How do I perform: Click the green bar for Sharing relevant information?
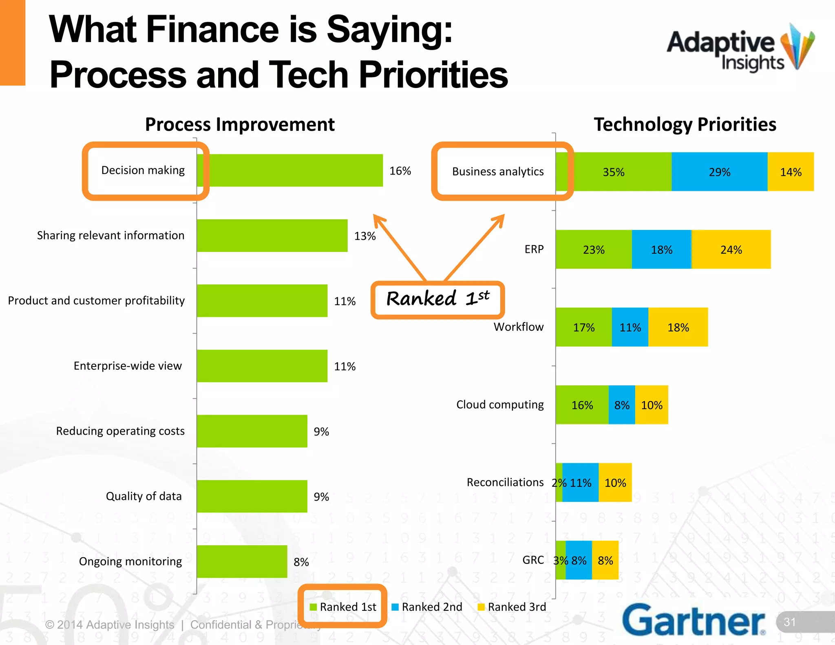[x=272, y=236]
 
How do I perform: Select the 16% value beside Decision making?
[x=400, y=171]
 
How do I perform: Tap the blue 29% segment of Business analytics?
[x=719, y=172]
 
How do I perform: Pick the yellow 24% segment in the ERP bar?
[x=731, y=250]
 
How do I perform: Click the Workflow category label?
[x=518, y=327]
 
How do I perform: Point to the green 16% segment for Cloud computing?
[x=582, y=405]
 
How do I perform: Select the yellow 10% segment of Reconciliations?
[x=615, y=483]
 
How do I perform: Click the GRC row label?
[x=533, y=560]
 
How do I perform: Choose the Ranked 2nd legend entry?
[x=427, y=607]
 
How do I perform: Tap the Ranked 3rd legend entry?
[x=512, y=607]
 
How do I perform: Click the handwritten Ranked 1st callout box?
[x=437, y=300]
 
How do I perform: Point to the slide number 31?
[x=789, y=622]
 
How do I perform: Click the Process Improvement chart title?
[x=240, y=124]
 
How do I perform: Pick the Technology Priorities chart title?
[x=685, y=124]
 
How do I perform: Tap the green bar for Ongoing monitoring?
[x=242, y=561]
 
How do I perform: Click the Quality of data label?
[x=144, y=496]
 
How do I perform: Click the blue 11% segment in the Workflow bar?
[x=630, y=327]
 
